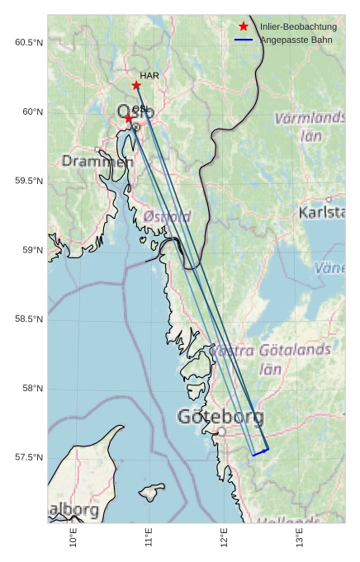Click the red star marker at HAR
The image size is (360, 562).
[x=136, y=85]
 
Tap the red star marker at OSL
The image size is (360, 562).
[x=129, y=118]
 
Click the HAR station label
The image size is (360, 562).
[x=149, y=76]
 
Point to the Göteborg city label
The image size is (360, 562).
[x=220, y=417]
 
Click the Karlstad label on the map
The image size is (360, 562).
[x=322, y=213]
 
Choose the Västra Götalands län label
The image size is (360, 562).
[x=272, y=358]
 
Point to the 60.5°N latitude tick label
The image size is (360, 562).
[x=29, y=42]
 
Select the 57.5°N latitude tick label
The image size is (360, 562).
[x=29, y=457]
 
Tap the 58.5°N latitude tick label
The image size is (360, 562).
[x=29, y=319]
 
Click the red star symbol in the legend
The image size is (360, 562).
[x=244, y=27]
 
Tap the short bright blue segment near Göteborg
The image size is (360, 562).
[x=260, y=451]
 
